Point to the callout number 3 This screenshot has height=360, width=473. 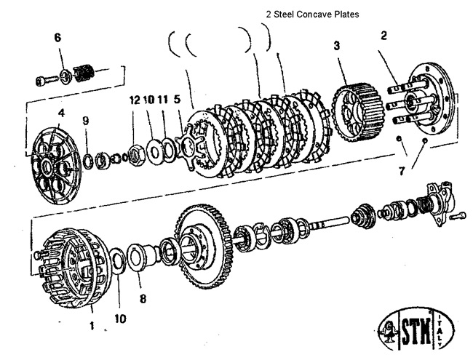click(x=336, y=45)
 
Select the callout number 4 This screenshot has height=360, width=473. click(x=61, y=113)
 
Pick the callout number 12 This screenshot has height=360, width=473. click(x=134, y=99)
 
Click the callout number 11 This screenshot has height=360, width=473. click(x=164, y=99)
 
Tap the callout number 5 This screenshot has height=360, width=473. click(x=178, y=99)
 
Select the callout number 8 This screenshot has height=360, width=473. click(x=143, y=297)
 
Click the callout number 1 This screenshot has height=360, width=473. click(x=92, y=327)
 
